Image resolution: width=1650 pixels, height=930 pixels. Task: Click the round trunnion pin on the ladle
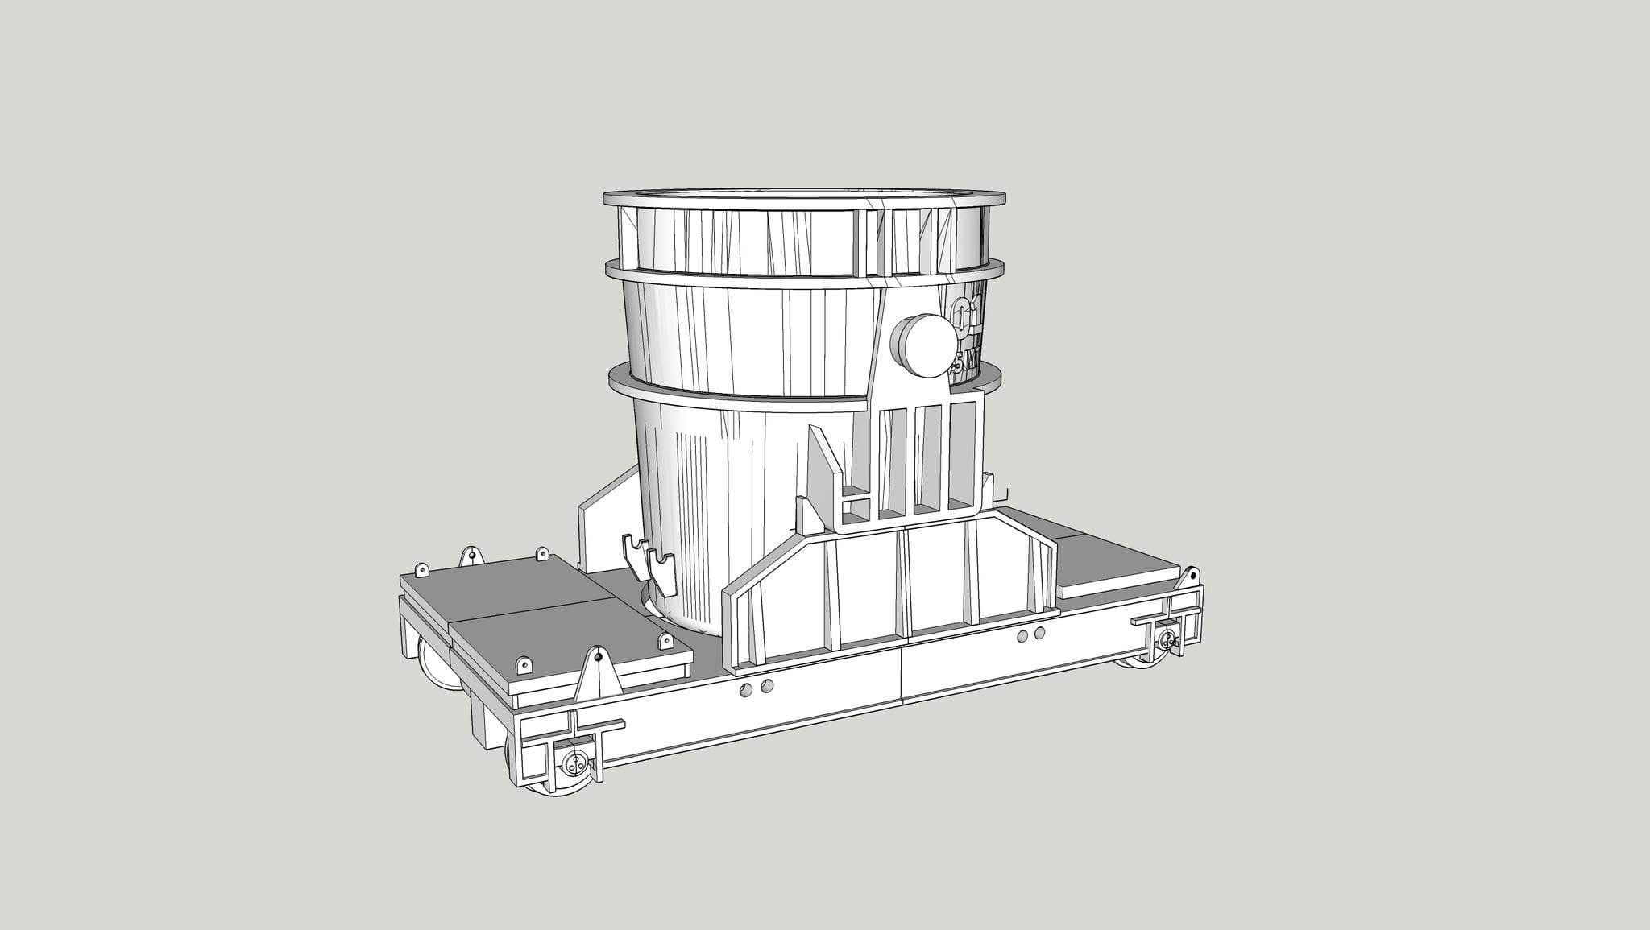tap(922, 345)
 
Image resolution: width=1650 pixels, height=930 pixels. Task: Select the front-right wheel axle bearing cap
tap(1166, 641)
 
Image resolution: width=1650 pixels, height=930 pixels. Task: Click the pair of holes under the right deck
tap(1030, 635)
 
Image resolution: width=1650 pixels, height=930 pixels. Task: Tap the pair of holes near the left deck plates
tap(757, 687)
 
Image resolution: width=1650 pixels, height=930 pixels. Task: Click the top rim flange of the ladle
tap(806, 198)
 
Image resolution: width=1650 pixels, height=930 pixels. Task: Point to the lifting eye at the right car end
tap(1189, 576)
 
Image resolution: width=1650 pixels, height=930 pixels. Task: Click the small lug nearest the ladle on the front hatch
tap(665, 641)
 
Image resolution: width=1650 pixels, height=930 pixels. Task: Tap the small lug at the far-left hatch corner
tap(421, 570)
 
